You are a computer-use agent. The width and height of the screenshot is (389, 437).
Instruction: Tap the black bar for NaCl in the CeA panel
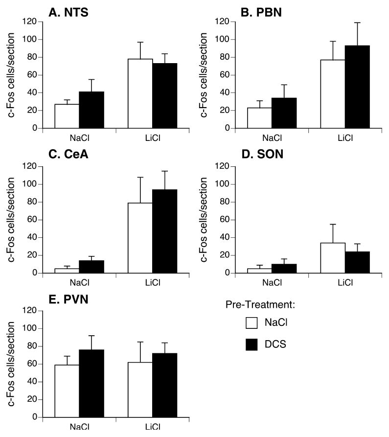click(x=92, y=267)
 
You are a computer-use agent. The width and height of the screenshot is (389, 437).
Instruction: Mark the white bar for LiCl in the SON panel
click(x=333, y=257)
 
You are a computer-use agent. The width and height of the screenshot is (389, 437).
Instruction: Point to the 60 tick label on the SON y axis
click(x=224, y=220)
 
